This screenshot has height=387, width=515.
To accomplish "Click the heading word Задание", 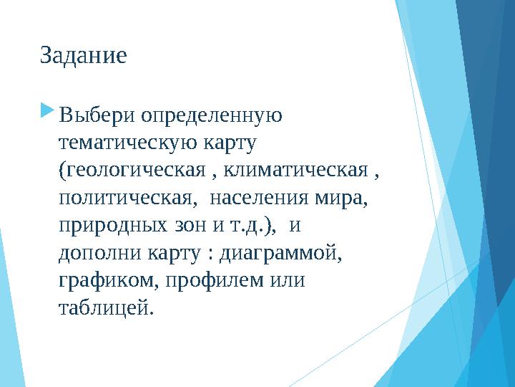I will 84,56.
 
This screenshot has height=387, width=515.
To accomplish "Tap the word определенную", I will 211,115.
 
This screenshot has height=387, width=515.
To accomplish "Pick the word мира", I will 343,197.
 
